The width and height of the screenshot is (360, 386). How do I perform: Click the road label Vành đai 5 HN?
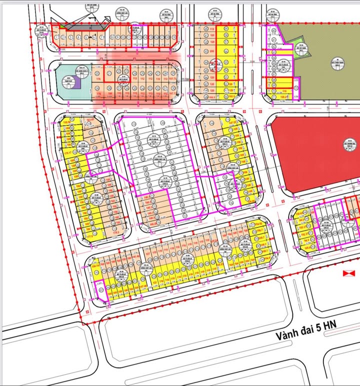click(306, 331)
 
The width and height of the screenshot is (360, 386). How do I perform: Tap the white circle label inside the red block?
click(345, 145)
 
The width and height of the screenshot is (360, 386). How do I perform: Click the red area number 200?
click(212, 51)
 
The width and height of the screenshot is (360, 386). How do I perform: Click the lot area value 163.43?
click(90, 120)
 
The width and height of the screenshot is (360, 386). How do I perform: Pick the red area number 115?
click(212, 29)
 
